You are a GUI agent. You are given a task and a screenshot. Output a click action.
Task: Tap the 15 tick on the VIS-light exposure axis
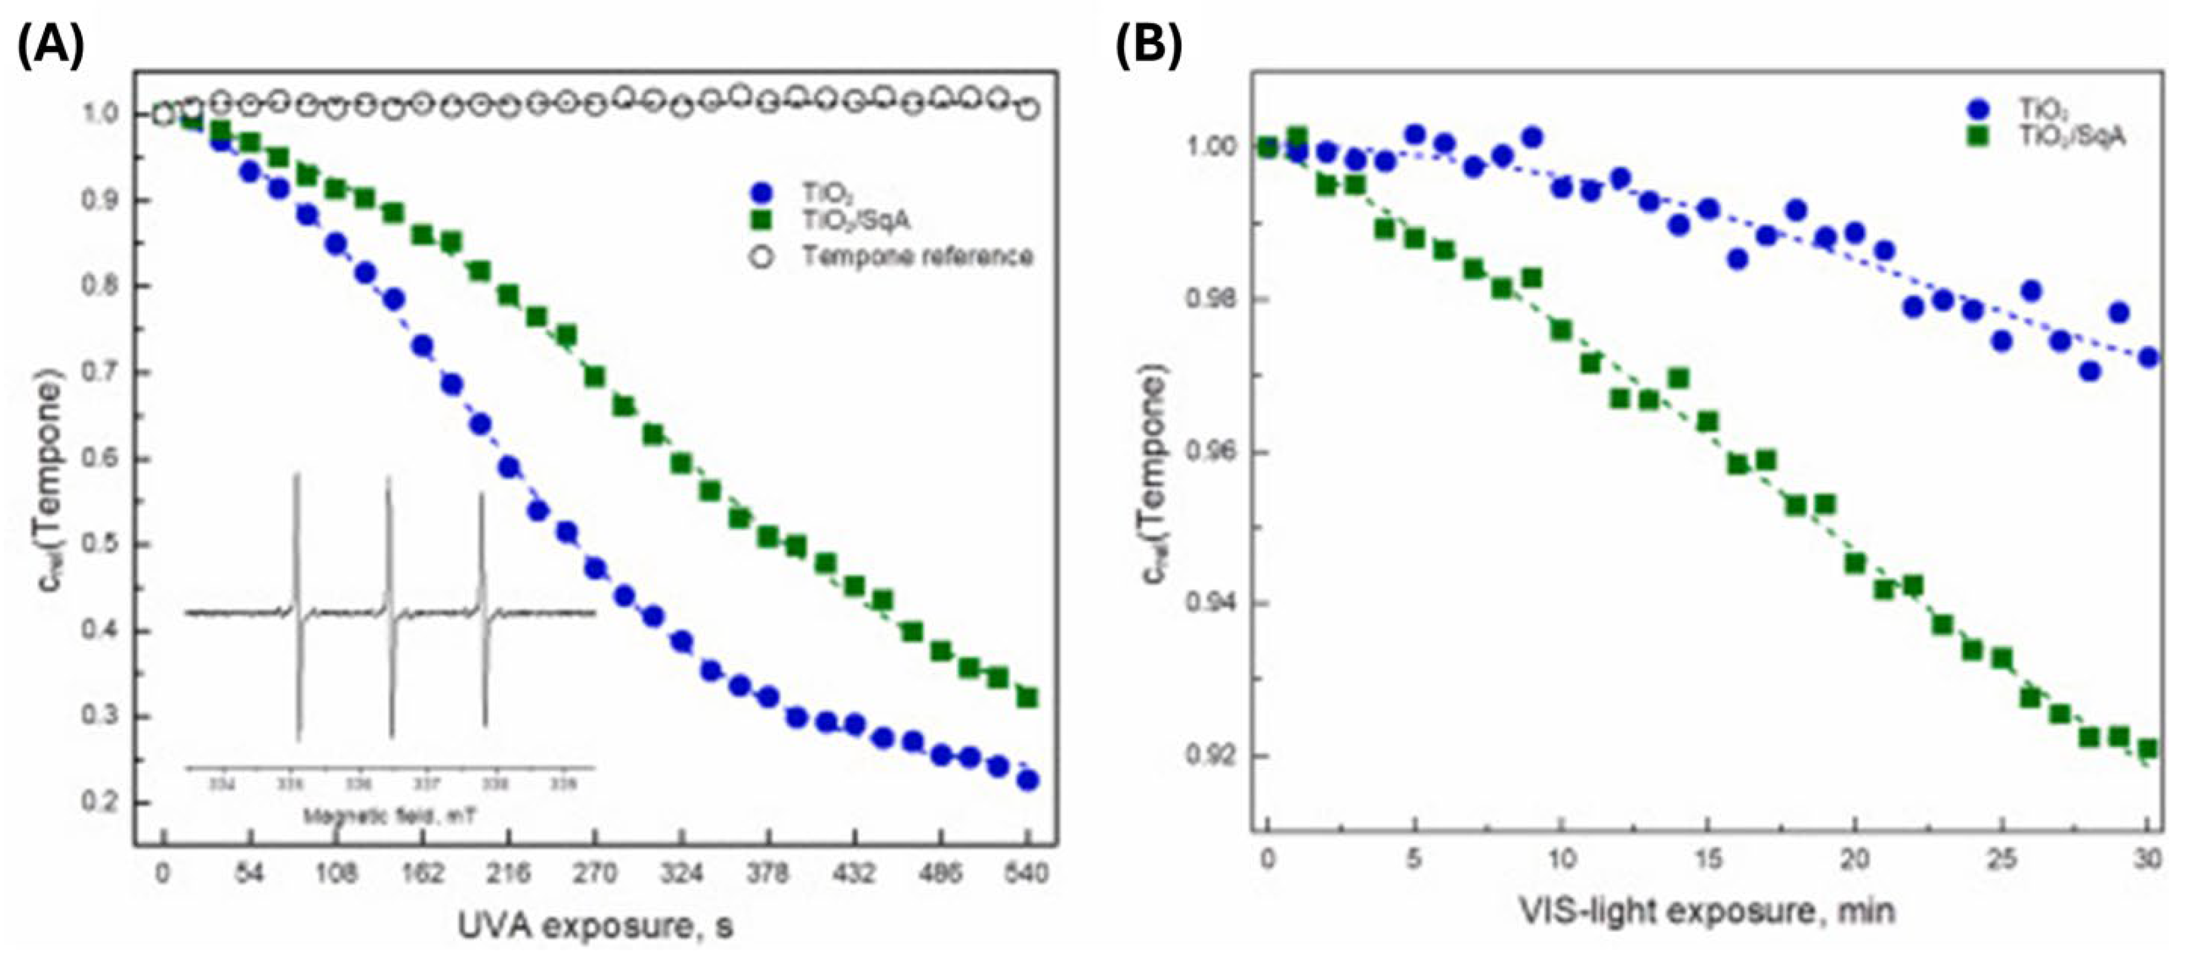[x=1705, y=860]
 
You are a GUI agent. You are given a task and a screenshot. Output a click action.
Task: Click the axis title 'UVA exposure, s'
[x=595, y=925]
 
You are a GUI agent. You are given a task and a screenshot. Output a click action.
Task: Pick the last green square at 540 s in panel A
[x=1028, y=698]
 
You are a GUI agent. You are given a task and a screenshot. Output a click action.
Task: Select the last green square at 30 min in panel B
[x=2147, y=749]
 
